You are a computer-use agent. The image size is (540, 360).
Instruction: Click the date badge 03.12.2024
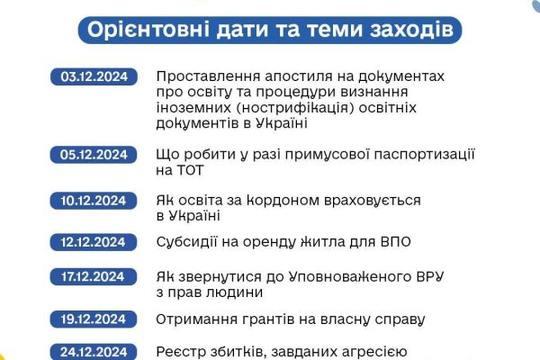[94, 76]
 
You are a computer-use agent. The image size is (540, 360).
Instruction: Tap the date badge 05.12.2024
[94, 155]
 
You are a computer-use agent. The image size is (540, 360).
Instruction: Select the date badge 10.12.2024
[94, 201]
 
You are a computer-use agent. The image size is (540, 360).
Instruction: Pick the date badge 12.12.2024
[94, 242]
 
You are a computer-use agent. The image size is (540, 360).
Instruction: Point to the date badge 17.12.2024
[94, 276]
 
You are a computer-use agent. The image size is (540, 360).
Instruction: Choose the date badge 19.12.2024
[94, 319]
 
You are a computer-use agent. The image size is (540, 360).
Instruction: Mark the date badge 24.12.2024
[94, 352]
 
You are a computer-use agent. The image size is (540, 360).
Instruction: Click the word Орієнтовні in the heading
[148, 30]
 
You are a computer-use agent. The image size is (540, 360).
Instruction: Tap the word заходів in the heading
[412, 30]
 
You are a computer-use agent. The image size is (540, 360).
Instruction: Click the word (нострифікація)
[295, 108]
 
